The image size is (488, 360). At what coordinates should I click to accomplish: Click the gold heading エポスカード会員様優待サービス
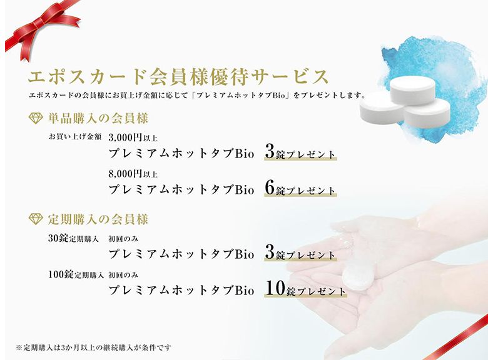coord(178,77)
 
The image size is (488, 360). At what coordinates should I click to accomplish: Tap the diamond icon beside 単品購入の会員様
coord(36,119)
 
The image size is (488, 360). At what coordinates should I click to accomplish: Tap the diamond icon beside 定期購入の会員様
coord(36,219)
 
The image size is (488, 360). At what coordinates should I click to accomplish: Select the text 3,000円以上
coord(133,137)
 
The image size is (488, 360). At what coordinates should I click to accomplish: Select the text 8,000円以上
coord(133,174)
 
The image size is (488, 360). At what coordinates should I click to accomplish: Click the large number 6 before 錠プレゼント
coord(270,187)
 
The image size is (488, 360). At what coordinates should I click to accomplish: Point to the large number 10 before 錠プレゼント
coord(275,289)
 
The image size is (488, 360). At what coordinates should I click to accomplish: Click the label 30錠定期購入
coord(73,239)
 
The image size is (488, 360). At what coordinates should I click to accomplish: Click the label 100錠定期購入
coord(76,274)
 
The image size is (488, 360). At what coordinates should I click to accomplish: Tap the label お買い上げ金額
coord(75,137)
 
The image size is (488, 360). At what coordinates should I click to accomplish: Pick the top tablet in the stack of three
coord(412,90)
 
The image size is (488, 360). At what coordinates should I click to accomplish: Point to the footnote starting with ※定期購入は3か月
coord(93,347)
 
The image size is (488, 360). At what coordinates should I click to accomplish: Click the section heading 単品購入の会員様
coord(98,119)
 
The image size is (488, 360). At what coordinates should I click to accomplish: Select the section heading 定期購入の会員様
coord(98,219)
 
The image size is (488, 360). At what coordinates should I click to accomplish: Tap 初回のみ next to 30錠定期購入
coord(123,239)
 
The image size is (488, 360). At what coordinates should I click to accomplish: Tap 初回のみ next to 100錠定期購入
coord(123,275)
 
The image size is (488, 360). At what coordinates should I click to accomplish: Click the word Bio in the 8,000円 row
coord(245,189)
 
